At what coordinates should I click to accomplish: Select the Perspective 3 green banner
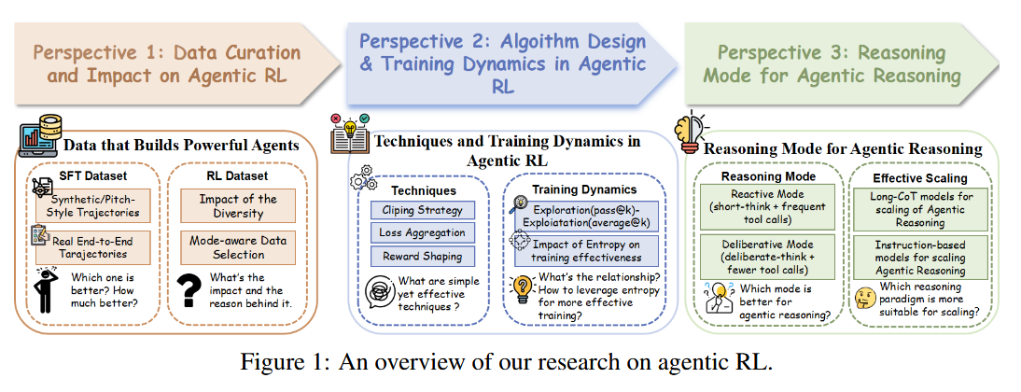point(831,63)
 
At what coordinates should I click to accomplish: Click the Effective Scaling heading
point(919,176)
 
